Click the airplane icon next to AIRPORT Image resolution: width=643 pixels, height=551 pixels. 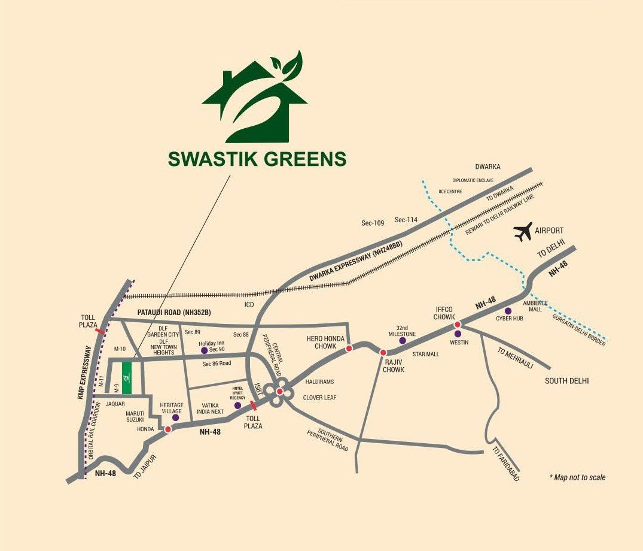[523, 232]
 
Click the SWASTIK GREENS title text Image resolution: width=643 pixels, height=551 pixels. [257, 159]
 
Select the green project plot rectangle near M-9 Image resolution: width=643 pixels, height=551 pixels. [127, 377]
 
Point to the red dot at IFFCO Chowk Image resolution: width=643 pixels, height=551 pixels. [458, 325]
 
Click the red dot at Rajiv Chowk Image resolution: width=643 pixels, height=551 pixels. [383, 353]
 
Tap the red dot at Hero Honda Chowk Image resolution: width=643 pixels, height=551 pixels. [349, 347]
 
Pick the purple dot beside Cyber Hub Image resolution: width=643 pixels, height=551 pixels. [508, 311]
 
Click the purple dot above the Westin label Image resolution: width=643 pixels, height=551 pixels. [458, 334]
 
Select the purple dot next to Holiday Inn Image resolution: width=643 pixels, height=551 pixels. [204, 350]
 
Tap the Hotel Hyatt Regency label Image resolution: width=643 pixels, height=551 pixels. [239, 392]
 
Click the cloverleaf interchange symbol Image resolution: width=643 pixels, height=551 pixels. [279, 392]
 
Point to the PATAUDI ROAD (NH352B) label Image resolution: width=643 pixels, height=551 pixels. [175, 313]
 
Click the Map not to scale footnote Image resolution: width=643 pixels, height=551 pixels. [577, 477]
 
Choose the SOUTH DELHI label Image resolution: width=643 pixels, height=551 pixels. [566, 380]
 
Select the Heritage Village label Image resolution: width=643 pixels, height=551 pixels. [172, 408]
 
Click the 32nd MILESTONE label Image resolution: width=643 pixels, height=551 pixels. [402, 331]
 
